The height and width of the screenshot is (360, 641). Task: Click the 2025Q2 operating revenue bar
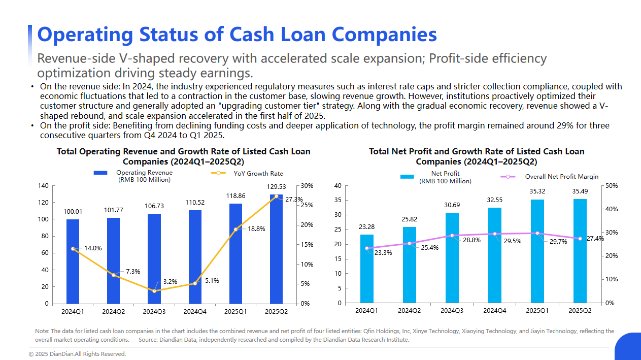pyautogui.click(x=277, y=249)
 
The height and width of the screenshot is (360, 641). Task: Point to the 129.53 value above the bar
pyautogui.click(x=277, y=187)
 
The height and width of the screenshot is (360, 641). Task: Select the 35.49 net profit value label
pyautogui.click(x=580, y=191)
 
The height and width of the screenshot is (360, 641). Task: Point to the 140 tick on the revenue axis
pyautogui.click(x=43, y=186)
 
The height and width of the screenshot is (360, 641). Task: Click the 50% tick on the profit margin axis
pyautogui.click(x=612, y=186)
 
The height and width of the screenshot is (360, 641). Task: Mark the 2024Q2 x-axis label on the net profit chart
pyautogui.click(x=409, y=311)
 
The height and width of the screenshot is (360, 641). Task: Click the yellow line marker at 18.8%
pyautogui.click(x=235, y=230)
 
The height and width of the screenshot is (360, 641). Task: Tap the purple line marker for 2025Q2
pyautogui.click(x=580, y=239)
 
